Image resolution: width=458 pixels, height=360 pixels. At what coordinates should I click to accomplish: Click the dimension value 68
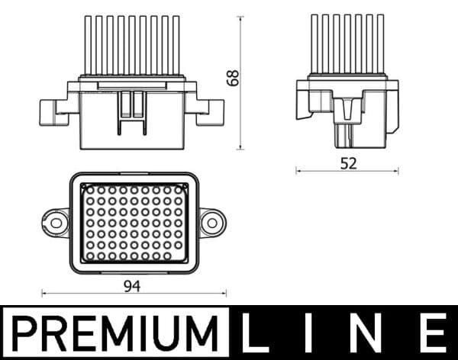pyautogui.click(x=233, y=78)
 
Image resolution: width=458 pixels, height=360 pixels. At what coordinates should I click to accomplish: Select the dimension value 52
pyautogui.click(x=349, y=163)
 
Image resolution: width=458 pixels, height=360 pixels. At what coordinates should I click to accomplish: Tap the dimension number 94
pyautogui.click(x=132, y=286)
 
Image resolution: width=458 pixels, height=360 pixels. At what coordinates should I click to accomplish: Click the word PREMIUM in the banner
pyautogui.click(x=114, y=333)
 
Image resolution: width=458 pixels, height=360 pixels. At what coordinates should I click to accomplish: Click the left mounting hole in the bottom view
pyautogui.click(x=56, y=223)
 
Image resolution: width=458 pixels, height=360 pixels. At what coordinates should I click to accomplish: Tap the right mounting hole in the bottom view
pyautogui.click(x=212, y=223)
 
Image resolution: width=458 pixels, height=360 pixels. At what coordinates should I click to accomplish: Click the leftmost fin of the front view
pyautogui.click(x=88, y=45)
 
